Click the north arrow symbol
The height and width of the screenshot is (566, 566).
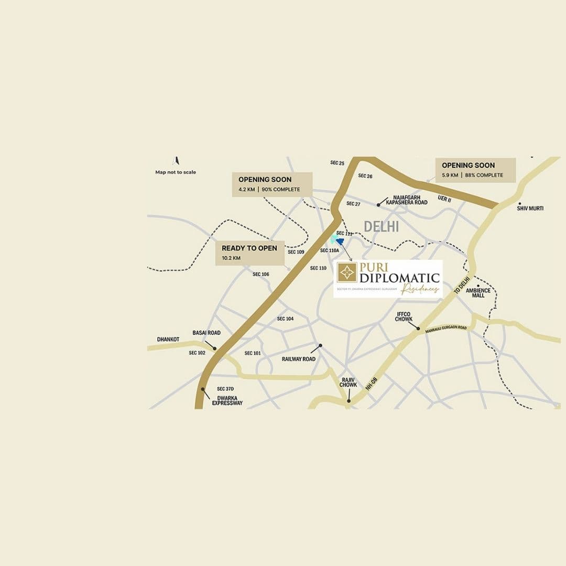coord(176,161)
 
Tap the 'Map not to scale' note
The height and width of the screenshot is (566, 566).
coord(176,172)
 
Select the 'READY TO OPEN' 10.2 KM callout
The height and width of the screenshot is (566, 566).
coord(249,253)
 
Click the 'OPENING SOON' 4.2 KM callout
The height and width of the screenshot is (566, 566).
coord(272,184)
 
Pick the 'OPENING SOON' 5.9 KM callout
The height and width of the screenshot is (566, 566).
coord(475,170)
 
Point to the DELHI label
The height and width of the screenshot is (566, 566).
coord(382,226)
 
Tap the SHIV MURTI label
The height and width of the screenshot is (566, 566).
coord(530,209)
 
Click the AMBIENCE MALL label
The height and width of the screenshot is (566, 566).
coord(478,293)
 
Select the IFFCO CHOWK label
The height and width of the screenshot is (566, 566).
coord(404,316)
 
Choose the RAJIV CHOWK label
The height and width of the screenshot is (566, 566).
coord(348,382)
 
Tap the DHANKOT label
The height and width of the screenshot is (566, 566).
coord(168,340)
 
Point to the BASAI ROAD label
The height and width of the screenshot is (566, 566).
coord(206,333)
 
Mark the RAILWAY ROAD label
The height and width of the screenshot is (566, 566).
coord(299,359)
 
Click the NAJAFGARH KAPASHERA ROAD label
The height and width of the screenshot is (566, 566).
coord(407,200)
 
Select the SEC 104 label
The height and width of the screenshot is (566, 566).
coord(286,319)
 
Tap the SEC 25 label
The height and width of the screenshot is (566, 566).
coord(338,163)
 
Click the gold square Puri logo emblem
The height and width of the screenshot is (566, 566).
coord(347,273)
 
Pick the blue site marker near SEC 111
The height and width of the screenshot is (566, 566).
coord(340,241)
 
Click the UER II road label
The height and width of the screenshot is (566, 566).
coord(444,200)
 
